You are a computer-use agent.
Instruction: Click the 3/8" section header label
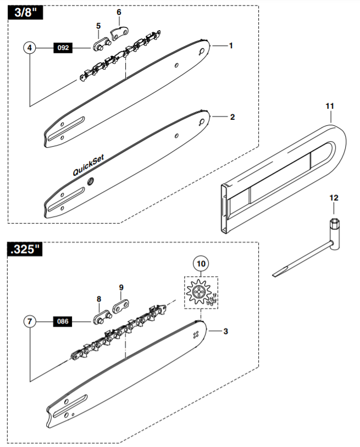pyautogui.click(x=23, y=14)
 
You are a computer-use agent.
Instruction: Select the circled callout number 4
pyautogui.click(x=30, y=48)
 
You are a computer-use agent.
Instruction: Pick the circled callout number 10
pyautogui.click(x=201, y=264)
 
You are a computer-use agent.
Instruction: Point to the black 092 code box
pyautogui.click(x=63, y=48)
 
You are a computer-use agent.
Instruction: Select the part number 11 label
pyautogui.click(x=330, y=104)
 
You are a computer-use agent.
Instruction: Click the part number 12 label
pyautogui.click(x=334, y=197)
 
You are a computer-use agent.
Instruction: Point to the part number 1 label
pyautogui.click(x=231, y=46)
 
